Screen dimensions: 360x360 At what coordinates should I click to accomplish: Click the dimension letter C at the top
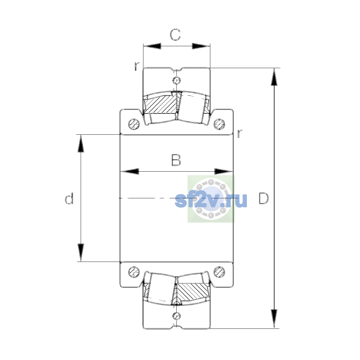(175, 35)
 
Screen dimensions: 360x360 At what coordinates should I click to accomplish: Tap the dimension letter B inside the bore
(176, 160)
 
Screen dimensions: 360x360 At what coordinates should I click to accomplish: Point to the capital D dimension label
(264, 198)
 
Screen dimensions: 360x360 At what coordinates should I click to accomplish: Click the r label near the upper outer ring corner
(137, 66)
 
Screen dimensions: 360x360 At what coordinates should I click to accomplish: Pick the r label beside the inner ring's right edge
(239, 133)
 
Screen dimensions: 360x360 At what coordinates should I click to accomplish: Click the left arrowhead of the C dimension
(152, 46)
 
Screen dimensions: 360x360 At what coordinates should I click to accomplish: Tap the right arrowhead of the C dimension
(201, 46)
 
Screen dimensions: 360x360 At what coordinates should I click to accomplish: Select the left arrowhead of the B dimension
(130, 171)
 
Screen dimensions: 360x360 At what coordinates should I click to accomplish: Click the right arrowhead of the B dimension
(223, 171)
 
